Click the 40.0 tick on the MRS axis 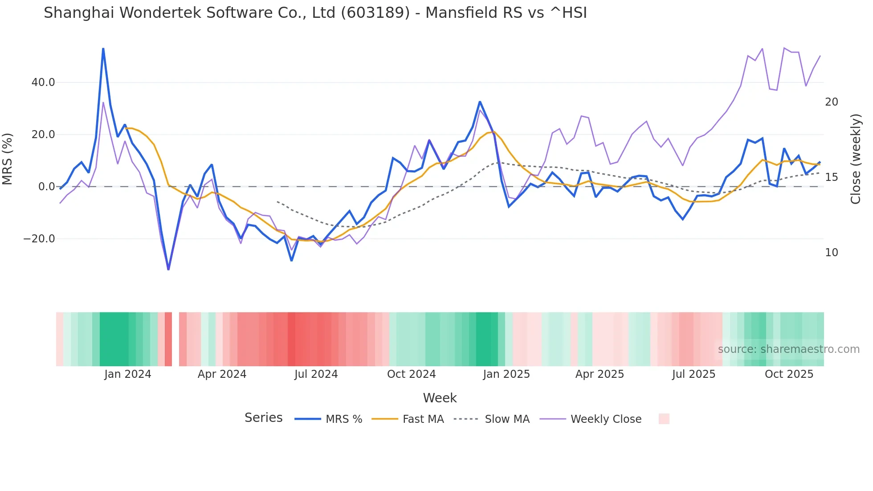point(43,82)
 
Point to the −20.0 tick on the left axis point(39,239)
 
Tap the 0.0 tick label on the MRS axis point(46,187)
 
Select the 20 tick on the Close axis point(832,102)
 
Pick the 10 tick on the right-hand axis point(832,253)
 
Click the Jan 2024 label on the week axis point(128,374)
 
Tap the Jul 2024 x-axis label point(316,374)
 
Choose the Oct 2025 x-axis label point(789,374)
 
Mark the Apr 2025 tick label point(600,374)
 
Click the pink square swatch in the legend point(664,419)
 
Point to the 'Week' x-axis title point(440,398)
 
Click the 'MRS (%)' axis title point(8,159)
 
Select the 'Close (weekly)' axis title point(856,159)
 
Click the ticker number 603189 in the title point(375,13)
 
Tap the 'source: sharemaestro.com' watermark point(788,349)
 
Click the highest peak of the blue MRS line point(103,49)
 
